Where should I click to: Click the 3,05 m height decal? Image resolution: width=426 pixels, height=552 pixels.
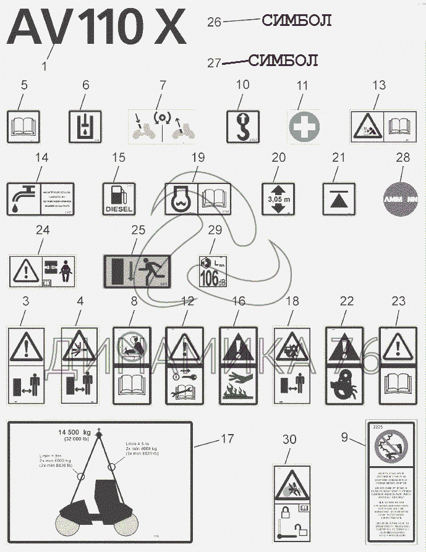pos(277,198)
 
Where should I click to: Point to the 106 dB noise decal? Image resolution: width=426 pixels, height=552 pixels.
pos(211,272)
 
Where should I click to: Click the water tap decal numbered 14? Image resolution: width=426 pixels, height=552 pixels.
pos(40,198)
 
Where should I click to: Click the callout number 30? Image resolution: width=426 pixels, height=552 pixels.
pos(289,440)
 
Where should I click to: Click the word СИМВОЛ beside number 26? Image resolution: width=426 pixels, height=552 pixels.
pos(297,20)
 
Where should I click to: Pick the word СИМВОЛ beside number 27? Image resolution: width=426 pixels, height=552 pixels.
pos(283,61)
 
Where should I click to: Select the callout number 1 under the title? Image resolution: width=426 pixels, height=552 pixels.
pos(43,64)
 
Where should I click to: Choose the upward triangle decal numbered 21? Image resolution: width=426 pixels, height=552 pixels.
pos(338,198)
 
